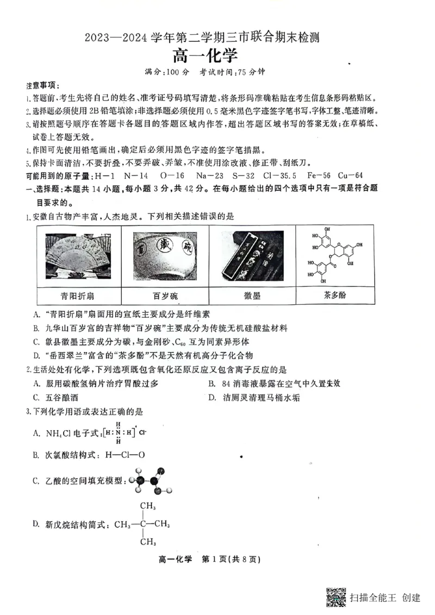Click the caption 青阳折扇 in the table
coord(77,296)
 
